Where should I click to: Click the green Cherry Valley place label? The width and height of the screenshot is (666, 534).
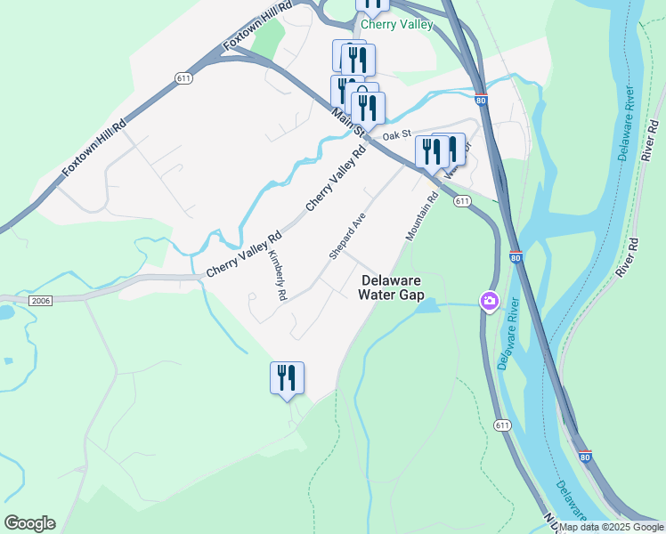[x=396, y=24]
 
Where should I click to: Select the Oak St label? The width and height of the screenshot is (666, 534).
[x=396, y=135]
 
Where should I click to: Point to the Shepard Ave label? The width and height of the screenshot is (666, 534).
[x=347, y=236]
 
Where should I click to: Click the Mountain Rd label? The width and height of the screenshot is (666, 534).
[x=422, y=216]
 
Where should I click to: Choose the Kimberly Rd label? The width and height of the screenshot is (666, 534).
[x=277, y=274]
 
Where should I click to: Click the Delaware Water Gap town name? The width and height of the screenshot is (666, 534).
[x=392, y=287]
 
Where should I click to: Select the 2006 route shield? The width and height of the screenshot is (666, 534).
[x=40, y=301]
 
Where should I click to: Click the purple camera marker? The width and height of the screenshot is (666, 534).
[x=489, y=302]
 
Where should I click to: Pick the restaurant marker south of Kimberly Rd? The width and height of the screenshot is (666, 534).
[x=287, y=377]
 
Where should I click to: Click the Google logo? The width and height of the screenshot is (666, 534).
[x=29, y=523]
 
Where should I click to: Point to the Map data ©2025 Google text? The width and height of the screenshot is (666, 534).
[x=612, y=527]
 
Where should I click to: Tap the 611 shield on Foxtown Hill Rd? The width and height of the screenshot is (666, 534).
[x=183, y=78]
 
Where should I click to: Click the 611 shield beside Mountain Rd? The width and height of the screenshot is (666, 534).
[x=461, y=202]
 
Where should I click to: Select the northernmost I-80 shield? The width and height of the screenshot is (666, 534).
[x=481, y=101]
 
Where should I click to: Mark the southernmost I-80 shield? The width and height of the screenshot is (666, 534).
[x=584, y=457]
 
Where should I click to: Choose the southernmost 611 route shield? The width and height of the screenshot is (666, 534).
[x=503, y=425]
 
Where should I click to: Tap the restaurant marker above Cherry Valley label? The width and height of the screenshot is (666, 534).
[x=373, y=3]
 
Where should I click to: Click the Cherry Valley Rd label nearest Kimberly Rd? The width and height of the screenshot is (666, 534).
[x=244, y=254]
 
